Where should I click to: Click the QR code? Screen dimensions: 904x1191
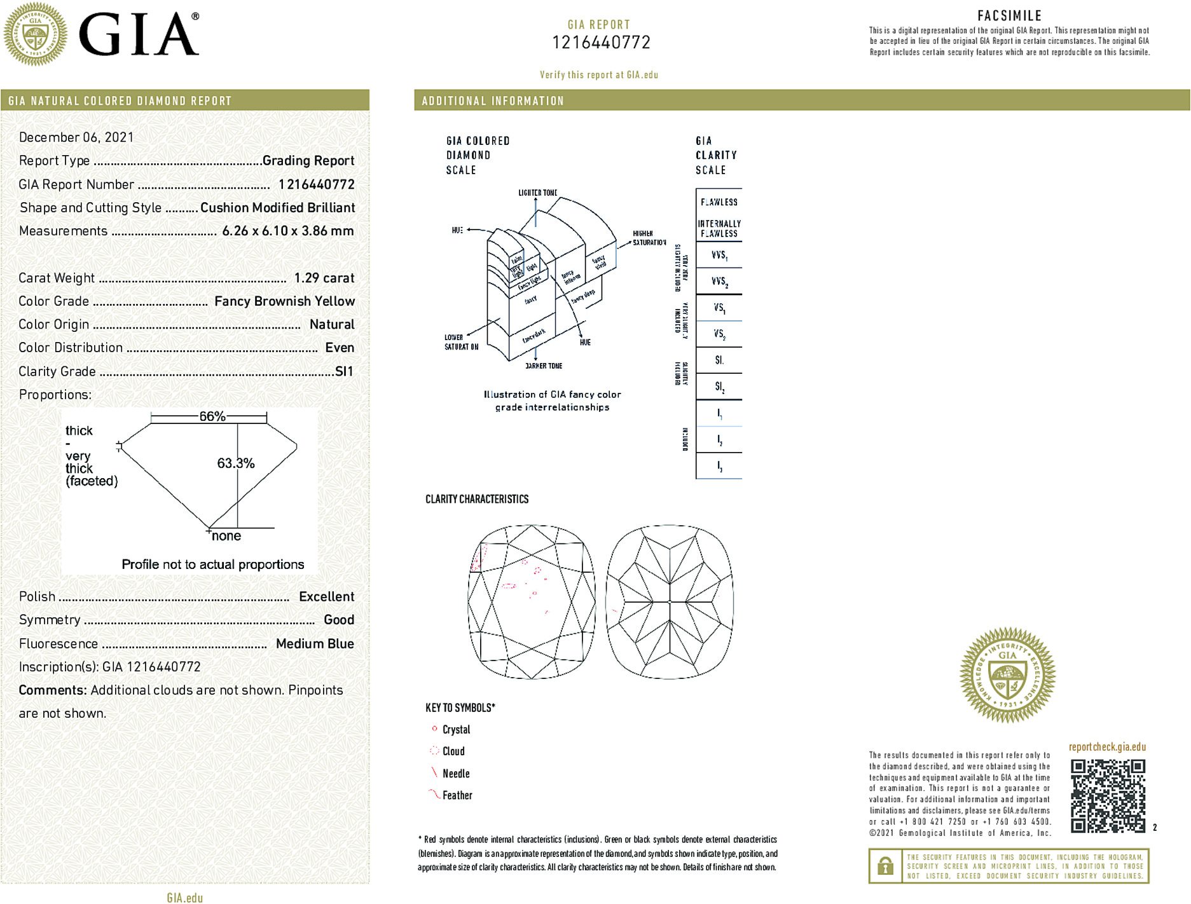pyautogui.click(x=1107, y=795)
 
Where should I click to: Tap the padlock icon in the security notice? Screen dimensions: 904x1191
pyautogui.click(x=885, y=866)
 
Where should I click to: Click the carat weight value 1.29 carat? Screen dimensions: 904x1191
pyautogui.click(x=324, y=278)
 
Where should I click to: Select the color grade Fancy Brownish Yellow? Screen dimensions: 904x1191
pyautogui.click(x=284, y=301)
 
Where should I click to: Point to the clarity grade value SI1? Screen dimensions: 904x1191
pyautogui.click(x=343, y=371)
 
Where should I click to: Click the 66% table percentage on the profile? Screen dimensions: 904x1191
pyautogui.click(x=212, y=416)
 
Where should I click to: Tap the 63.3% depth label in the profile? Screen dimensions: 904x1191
pyautogui.click(x=235, y=463)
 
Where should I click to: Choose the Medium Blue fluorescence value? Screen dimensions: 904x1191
pyautogui.click(x=315, y=643)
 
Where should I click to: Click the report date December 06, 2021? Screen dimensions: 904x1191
pyautogui.click(x=76, y=137)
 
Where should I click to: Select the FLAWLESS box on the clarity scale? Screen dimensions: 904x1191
pyautogui.click(x=719, y=202)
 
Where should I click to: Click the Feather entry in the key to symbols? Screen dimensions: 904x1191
pyautogui.click(x=457, y=795)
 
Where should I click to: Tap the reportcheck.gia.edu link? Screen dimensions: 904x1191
pyautogui.click(x=1107, y=747)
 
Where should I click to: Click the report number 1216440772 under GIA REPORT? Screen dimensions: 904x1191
pyautogui.click(x=601, y=43)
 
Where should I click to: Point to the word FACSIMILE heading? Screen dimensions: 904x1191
pyautogui.click(x=1009, y=16)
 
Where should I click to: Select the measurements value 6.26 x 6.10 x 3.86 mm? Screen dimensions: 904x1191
pyautogui.click(x=287, y=231)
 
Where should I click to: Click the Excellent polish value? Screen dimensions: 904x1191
pyautogui.click(x=326, y=596)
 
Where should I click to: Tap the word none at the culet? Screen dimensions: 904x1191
pyautogui.click(x=226, y=536)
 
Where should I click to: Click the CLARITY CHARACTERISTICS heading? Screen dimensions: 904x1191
pyautogui.click(x=477, y=499)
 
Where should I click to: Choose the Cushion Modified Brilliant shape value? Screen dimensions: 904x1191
pyautogui.click(x=277, y=208)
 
